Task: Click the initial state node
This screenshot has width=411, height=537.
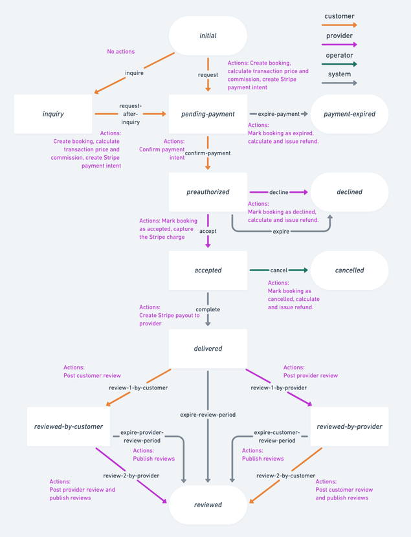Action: (208, 36)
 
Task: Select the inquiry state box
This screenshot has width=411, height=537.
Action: (53, 114)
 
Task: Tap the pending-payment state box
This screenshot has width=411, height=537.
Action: (208, 114)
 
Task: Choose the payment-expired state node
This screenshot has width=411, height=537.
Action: (350, 114)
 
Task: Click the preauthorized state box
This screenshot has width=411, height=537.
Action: (208, 192)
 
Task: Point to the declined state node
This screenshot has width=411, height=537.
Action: (350, 192)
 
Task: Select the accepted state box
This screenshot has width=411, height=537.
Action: (208, 270)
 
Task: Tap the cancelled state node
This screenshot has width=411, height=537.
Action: (350, 270)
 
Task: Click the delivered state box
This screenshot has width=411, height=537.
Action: (208, 349)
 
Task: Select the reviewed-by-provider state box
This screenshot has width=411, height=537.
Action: (350, 426)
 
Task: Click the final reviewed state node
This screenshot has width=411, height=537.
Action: (208, 505)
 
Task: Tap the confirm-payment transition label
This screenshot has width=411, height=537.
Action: (208, 153)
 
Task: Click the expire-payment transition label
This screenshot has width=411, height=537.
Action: (278, 114)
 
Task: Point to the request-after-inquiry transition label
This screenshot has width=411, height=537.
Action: (131, 113)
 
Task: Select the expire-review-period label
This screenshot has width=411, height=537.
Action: (208, 414)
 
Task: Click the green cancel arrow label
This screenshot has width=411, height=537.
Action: (279, 270)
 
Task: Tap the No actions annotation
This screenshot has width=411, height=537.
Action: (121, 52)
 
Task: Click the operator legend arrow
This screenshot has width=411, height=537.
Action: (339, 64)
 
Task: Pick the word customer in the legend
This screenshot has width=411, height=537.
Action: (339, 16)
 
